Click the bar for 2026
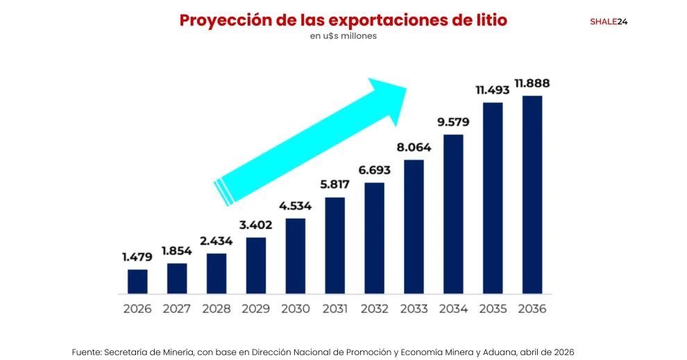137,282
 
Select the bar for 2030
295,256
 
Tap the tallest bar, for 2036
532,195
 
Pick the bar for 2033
414,227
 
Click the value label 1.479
137,257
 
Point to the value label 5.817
334,185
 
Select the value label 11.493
493,90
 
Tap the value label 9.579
453,122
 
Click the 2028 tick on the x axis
217,309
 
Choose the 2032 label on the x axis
374,309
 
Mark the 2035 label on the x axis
493,309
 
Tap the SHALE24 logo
609,22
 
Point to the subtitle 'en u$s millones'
343,36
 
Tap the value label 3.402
255,225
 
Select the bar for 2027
177,278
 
